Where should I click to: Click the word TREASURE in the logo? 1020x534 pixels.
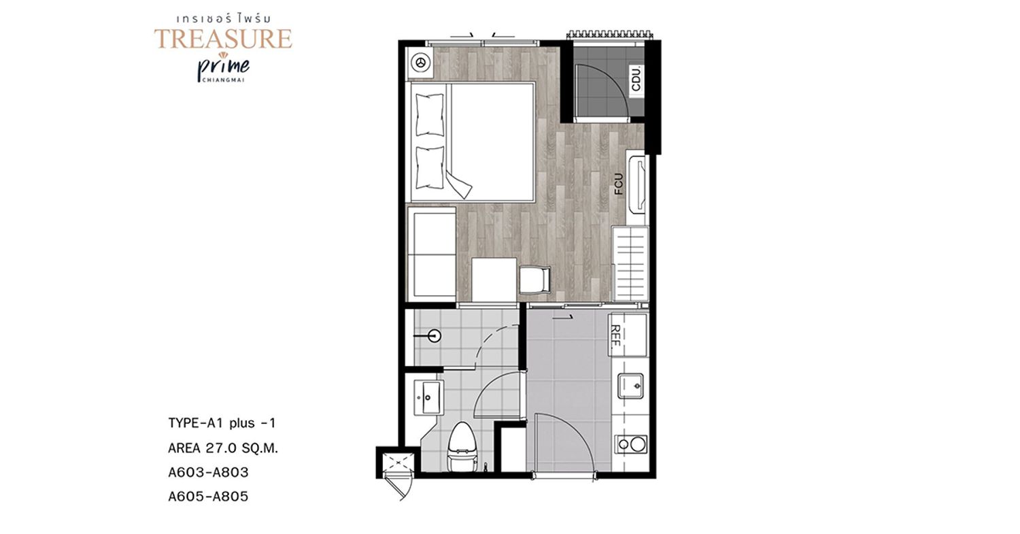223,39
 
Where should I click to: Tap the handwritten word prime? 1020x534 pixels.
224,67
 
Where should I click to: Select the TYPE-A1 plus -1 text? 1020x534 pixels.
222,423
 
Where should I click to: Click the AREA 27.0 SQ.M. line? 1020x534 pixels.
223,448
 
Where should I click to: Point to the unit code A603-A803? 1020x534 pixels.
209,473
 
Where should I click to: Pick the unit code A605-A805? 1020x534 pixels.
209,496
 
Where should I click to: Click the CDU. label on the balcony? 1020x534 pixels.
636,79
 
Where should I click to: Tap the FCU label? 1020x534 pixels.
618,184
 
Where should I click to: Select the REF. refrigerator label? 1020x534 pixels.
615,335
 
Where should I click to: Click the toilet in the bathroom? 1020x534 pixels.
462,447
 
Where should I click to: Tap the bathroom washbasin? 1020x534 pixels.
428,398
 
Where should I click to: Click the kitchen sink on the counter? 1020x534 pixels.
630,386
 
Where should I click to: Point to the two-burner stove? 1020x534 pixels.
630,444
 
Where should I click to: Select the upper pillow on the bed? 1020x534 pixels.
429,115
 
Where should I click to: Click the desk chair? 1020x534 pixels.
534,280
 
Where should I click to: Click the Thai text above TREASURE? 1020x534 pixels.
223,18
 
